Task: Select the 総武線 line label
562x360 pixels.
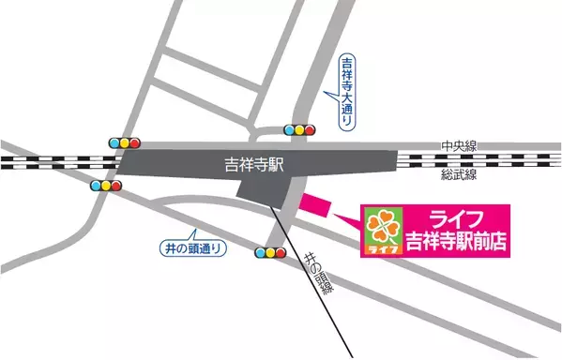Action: (x=460, y=175)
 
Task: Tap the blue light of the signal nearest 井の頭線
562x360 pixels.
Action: (x=259, y=252)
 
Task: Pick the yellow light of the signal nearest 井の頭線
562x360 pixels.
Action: (x=269, y=252)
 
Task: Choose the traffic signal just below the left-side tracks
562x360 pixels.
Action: (x=106, y=185)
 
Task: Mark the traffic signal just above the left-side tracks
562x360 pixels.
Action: (x=124, y=143)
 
